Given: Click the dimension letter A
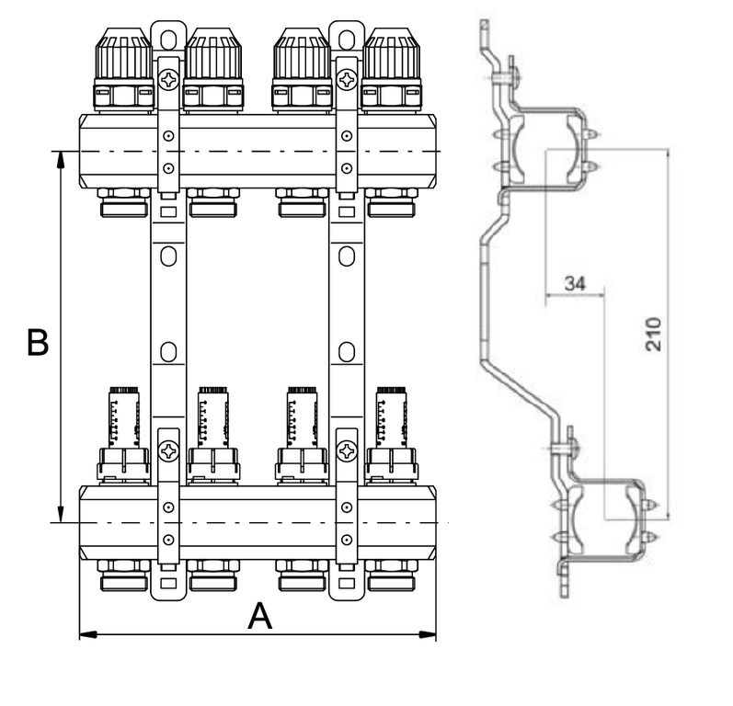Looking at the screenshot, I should tap(260, 616).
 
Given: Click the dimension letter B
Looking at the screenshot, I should tap(36, 343).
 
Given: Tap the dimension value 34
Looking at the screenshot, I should tap(575, 284).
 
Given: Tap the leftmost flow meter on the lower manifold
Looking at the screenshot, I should tap(124, 418).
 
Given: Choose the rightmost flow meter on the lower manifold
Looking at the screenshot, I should tap(392, 418).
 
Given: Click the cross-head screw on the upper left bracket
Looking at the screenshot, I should tap(168, 80).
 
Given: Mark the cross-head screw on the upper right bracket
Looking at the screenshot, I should tap(347, 80).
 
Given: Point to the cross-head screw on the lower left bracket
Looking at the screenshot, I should tap(168, 451).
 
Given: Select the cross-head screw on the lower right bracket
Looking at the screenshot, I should tap(347, 451).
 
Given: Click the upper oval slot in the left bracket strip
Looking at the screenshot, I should tap(168, 256).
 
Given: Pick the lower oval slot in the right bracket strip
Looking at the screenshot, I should tap(347, 351).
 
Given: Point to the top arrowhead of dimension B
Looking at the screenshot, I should tap(61, 157).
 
